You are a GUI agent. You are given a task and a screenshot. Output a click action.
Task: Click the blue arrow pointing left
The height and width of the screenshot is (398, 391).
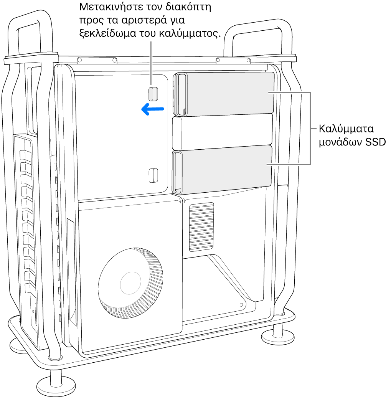(x=152, y=109)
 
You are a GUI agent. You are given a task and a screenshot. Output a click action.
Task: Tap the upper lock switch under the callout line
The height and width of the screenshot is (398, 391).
(x=153, y=94)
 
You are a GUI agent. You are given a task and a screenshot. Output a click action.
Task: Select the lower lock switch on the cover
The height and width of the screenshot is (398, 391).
(x=153, y=175)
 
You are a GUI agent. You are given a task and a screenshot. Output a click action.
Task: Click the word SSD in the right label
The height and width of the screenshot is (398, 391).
(x=376, y=142)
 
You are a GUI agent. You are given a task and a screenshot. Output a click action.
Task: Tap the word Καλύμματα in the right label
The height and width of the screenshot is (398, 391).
(x=346, y=129)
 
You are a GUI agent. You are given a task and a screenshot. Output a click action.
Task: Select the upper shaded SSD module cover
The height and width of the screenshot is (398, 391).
(x=223, y=94)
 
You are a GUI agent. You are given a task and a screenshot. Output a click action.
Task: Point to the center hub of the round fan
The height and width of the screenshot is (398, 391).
(x=130, y=283)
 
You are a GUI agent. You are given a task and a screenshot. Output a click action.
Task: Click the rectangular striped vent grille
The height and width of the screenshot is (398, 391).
(x=201, y=227)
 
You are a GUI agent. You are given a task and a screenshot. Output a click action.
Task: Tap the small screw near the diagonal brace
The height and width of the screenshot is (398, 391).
(x=241, y=305)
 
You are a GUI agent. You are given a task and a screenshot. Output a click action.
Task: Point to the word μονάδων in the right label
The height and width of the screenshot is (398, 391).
(x=340, y=142)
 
